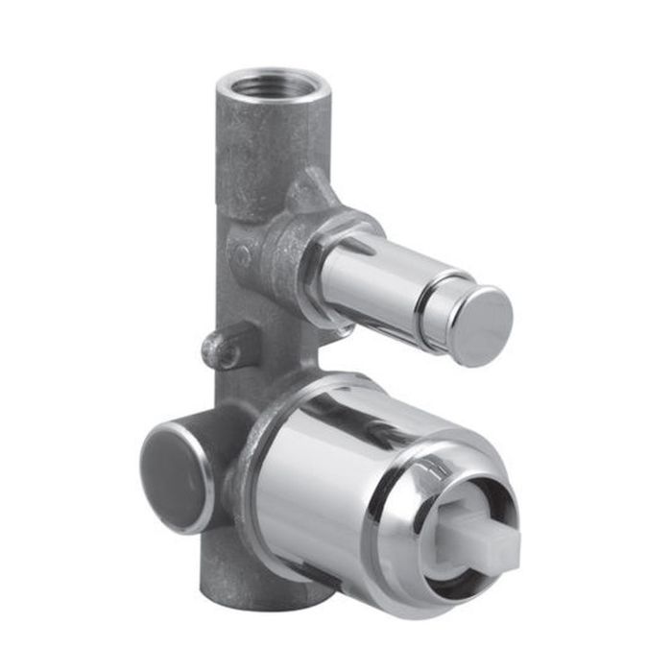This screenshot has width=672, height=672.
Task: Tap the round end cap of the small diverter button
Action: click(x=482, y=325)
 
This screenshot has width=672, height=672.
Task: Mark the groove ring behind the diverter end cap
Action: click(x=441, y=307)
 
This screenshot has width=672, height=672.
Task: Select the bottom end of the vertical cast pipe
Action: click(x=259, y=586)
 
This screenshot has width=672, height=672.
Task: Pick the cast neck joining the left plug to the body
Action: click(x=216, y=442)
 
